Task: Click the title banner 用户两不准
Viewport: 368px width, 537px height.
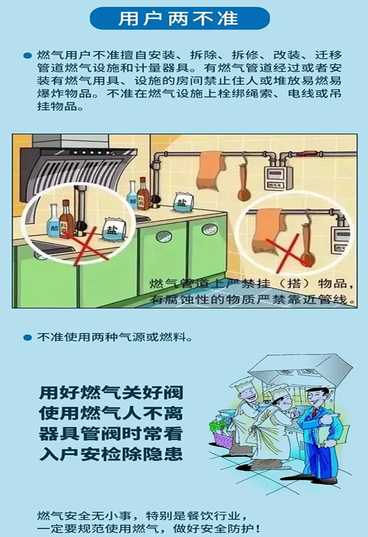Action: (x=180, y=18)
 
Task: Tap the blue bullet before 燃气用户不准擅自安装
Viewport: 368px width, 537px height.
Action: (x=27, y=55)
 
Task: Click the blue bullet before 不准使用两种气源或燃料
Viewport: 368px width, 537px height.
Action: (x=27, y=337)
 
